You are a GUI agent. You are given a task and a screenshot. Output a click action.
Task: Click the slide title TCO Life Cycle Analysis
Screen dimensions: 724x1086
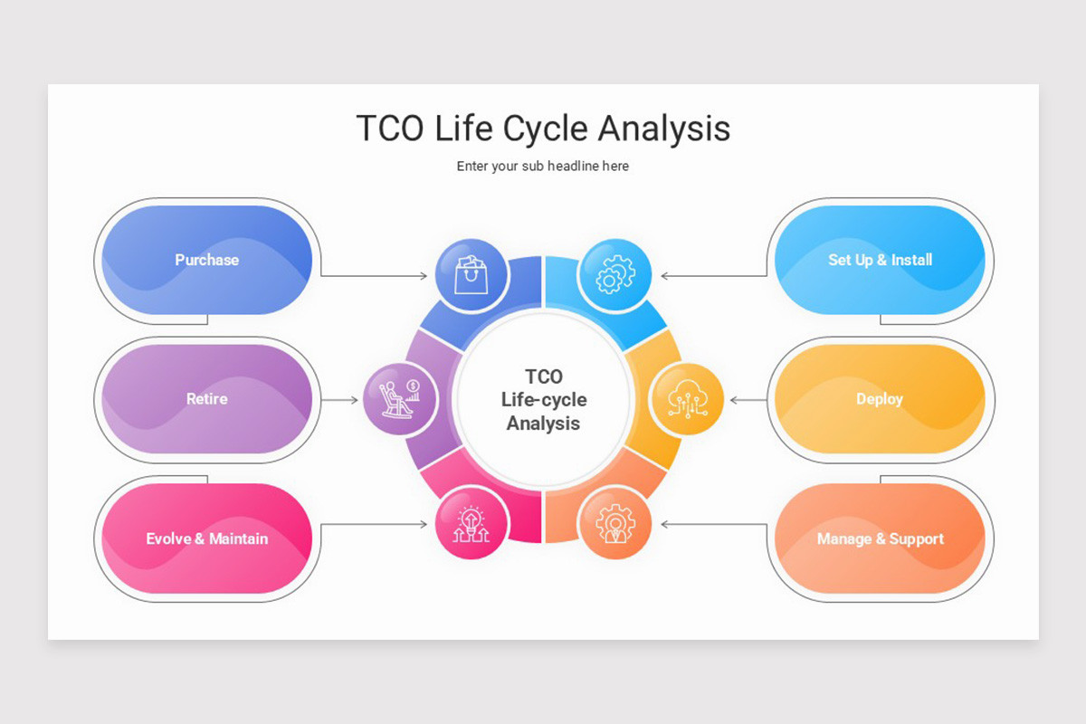click(543, 129)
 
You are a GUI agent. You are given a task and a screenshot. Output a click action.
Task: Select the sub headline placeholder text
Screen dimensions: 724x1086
click(543, 167)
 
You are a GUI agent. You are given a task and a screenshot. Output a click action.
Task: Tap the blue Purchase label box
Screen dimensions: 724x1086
click(206, 260)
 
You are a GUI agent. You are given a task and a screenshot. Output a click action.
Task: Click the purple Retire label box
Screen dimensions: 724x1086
click(206, 399)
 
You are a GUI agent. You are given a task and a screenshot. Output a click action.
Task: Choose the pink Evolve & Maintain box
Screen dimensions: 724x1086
click(206, 538)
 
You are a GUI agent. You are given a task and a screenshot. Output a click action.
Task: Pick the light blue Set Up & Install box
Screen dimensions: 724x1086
click(880, 260)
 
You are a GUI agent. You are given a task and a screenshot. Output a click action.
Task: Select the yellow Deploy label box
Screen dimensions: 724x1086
click(880, 399)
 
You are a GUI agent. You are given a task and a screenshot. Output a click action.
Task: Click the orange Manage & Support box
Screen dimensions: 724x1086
click(880, 538)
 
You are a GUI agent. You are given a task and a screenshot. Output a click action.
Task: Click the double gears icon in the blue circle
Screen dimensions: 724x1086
click(614, 274)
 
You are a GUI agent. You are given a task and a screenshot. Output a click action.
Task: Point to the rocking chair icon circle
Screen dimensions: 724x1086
click(399, 399)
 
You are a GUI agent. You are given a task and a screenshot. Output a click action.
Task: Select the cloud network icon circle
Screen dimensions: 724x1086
click(687, 399)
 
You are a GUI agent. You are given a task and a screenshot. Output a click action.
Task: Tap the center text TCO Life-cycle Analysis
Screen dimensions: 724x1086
click(543, 399)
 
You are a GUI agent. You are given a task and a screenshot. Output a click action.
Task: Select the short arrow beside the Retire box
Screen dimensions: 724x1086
click(340, 399)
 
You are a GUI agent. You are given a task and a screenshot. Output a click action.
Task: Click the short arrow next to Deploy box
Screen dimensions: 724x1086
click(748, 399)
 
